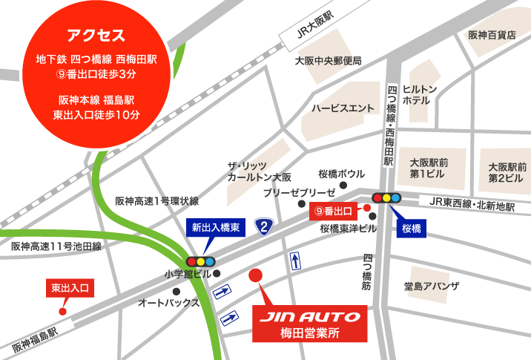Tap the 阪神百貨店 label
[x=492, y=35]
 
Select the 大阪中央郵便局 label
[x=328, y=61]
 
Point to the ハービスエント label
[x=343, y=108]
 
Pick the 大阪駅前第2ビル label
[x=507, y=172]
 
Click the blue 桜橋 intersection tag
[x=411, y=227]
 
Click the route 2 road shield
[x=263, y=225]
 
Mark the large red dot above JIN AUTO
[x=255, y=275]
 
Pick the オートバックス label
[x=169, y=303]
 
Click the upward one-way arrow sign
[x=295, y=261]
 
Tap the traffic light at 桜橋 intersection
[x=386, y=198]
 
